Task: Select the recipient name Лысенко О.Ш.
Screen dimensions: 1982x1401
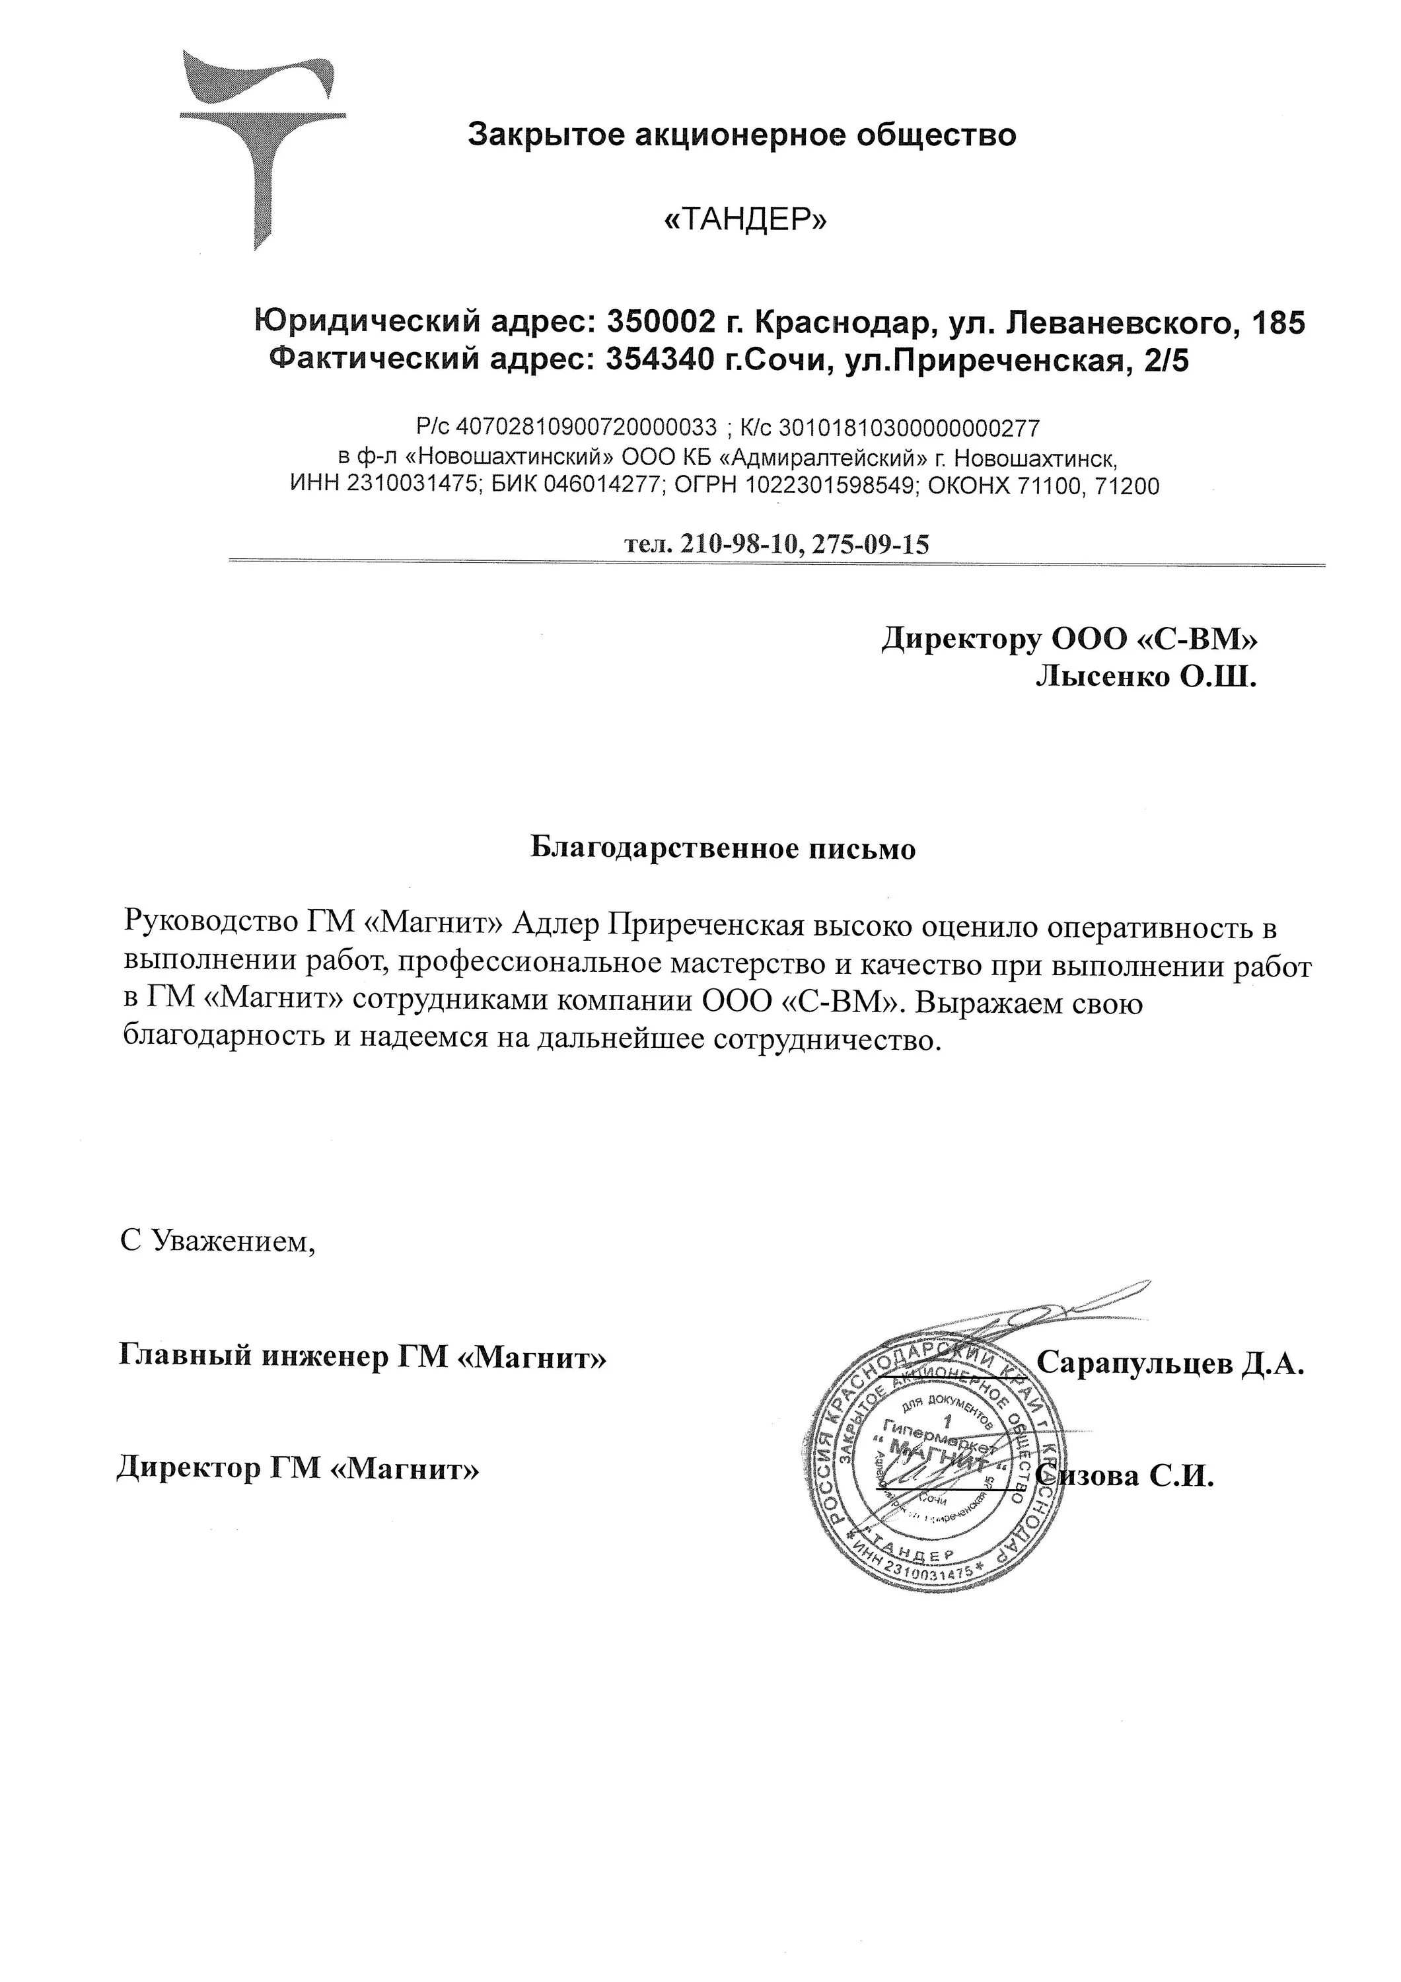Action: pos(1145,678)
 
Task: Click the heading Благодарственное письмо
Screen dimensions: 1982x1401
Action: pos(722,848)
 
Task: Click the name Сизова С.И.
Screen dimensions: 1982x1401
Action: pos(1126,1475)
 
